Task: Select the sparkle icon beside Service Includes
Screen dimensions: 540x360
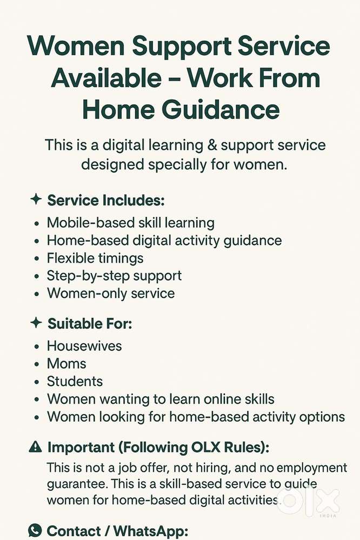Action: [36, 199]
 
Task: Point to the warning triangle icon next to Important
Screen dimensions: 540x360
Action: [35, 446]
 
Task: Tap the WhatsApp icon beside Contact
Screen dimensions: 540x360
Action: [35, 530]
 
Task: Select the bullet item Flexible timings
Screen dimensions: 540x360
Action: [95, 258]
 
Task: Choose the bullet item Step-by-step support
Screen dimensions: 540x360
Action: [114, 276]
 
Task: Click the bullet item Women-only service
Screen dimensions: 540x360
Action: [111, 294]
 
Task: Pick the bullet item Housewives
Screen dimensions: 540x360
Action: [84, 345]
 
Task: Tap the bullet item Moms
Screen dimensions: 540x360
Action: [66, 363]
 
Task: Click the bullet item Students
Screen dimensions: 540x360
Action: [75, 381]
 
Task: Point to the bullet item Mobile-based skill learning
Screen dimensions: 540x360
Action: [130, 222]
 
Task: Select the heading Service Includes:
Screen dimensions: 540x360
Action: [106, 200]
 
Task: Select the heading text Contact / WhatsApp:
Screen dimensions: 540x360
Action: [117, 531]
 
